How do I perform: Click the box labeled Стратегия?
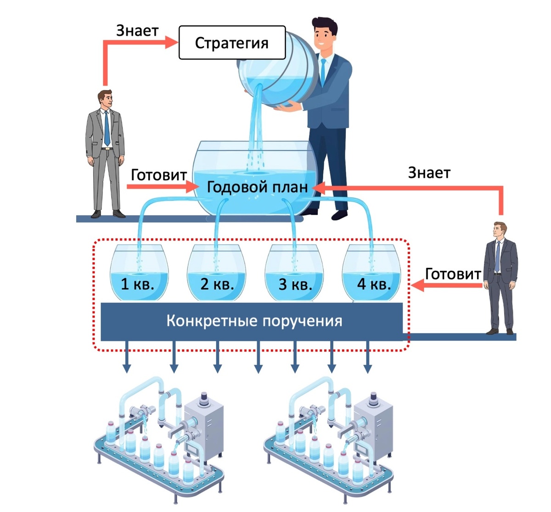coord(231,43)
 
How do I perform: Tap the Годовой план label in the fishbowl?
coord(257,188)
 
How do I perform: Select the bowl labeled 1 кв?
coord(138,275)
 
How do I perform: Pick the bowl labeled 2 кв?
coord(216,275)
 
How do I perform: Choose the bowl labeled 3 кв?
coord(294,275)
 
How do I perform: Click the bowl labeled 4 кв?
coord(372,275)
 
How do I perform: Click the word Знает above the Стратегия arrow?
coord(137,30)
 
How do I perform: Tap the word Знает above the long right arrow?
coord(429,173)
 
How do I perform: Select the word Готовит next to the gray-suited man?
coord(158,175)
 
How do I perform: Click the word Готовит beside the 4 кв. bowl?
coord(453,274)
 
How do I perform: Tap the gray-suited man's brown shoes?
coord(108,214)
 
